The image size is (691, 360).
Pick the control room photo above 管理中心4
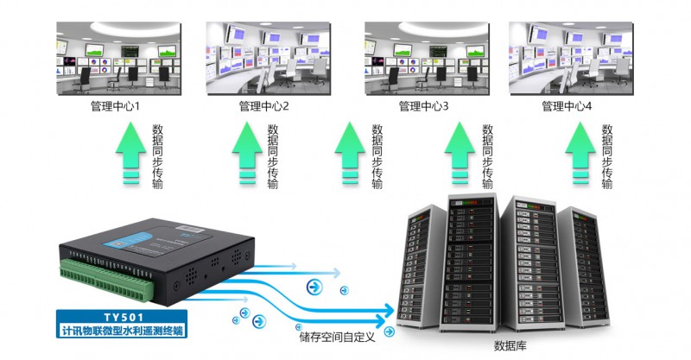point(567,57)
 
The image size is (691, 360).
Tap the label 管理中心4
point(567,107)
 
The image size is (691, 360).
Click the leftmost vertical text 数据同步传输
point(157,156)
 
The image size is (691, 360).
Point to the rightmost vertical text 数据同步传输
point(607,156)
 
